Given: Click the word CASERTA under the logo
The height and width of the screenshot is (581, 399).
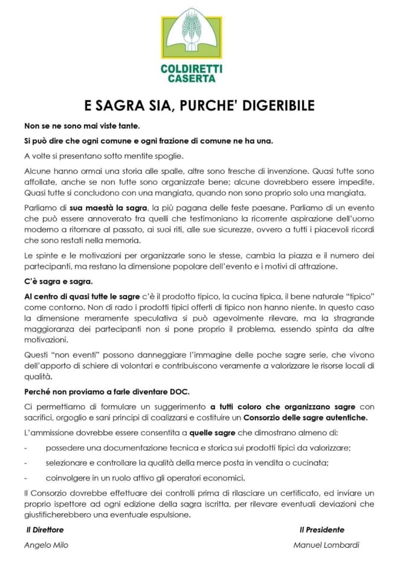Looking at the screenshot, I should tap(191, 78).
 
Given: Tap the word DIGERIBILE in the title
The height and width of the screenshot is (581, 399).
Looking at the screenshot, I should tap(277, 106).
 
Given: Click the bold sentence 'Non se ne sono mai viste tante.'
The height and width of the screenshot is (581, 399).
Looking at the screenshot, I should tap(82, 126).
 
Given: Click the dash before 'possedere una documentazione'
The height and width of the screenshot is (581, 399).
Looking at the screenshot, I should tap(26, 448).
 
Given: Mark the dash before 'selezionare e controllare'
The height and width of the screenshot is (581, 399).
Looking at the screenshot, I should tap(26, 463).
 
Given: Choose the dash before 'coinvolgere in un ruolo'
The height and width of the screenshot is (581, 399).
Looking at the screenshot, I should tap(26, 478).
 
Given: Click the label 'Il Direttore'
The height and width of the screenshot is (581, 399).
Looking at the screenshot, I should tap(45, 530).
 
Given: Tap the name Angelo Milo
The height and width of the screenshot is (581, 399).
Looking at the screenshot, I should tap(47, 545).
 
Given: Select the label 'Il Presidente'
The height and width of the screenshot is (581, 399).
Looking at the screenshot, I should tap(322, 530).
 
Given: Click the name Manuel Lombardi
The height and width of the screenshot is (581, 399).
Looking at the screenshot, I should tap(326, 545).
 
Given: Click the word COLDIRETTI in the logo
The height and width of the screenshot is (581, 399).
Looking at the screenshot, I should tap(191, 68).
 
